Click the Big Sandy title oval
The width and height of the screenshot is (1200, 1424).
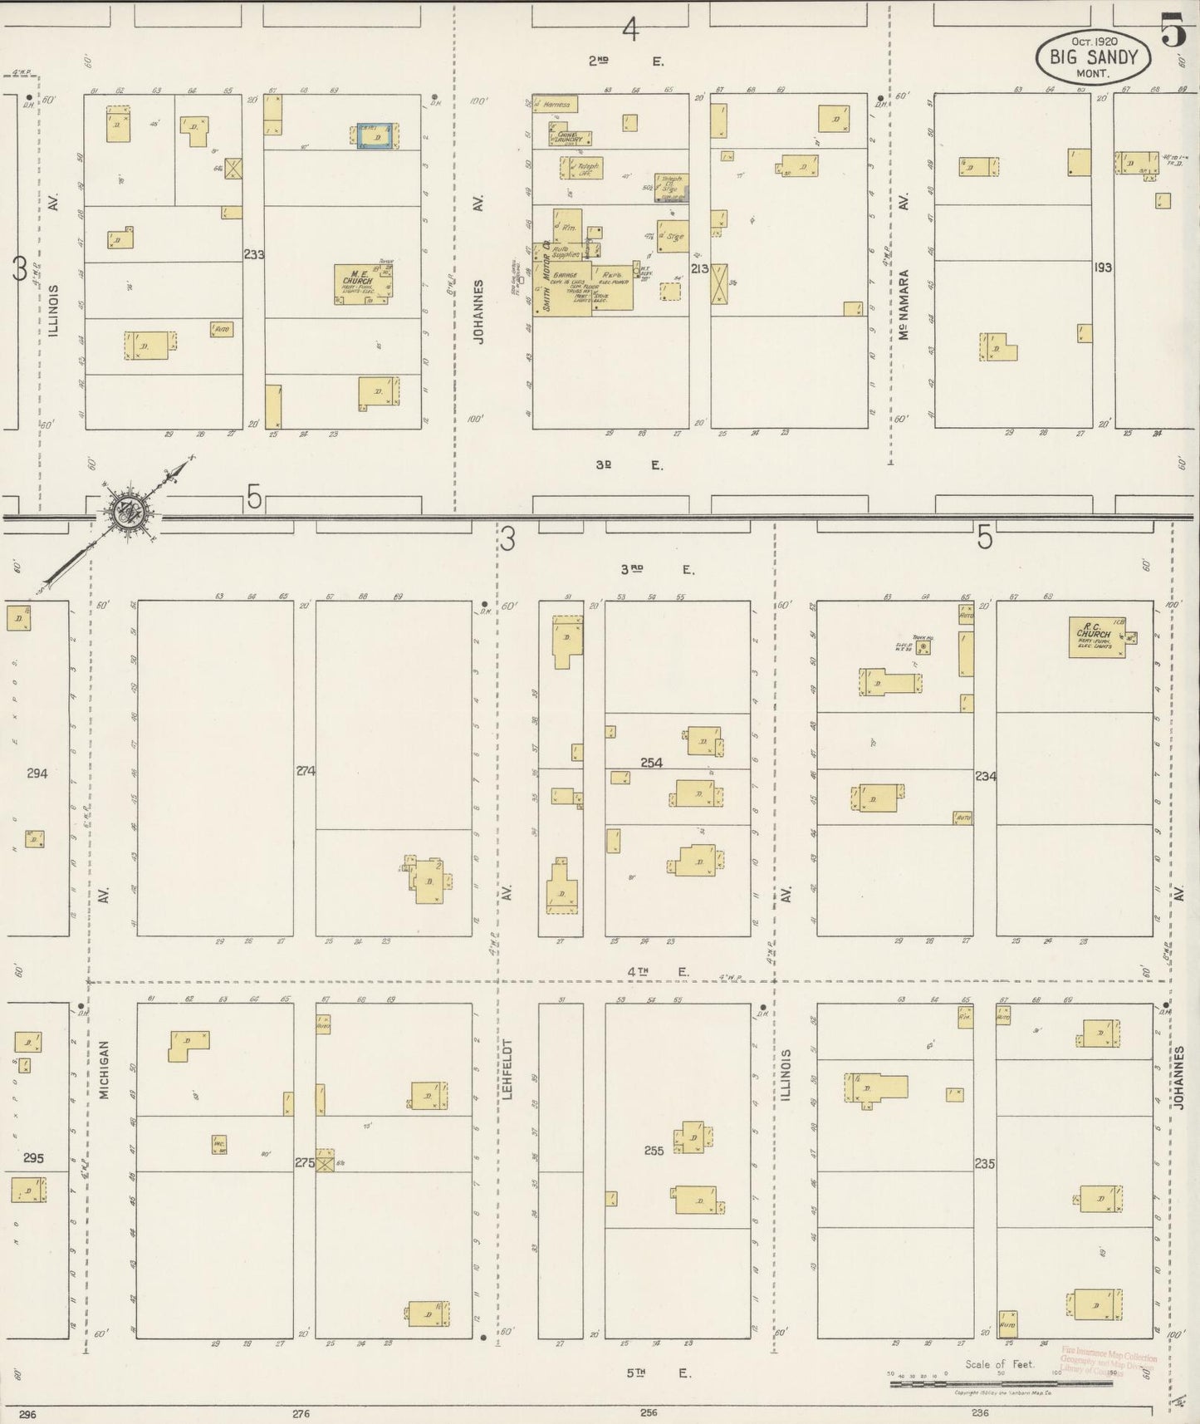(x=1093, y=58)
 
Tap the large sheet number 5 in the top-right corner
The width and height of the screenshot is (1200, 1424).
(x=1173, y=31)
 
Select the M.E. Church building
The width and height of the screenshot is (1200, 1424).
(x=363, y=284)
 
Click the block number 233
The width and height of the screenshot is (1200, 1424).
(x=253, y=255)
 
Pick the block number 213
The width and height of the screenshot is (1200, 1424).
(x=699, y=268)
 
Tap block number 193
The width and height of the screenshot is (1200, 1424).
(x=1102, y=268)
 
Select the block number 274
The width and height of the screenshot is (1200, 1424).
(x=305, y=771)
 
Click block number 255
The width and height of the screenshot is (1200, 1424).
(x=654, y=1151)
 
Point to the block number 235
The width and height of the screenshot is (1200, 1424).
(x=985, y=1164)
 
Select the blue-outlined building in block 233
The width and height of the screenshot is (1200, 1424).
(x=377, y=137)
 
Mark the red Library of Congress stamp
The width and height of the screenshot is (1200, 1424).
(x=1108, y=1362)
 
